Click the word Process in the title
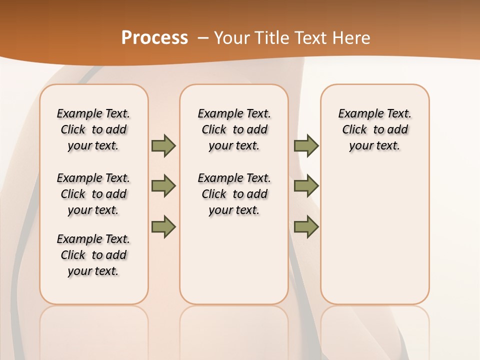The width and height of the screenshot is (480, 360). (x=154, y=37)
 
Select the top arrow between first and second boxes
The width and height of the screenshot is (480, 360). (x=163, y=146)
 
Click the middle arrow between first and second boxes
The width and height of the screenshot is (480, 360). (x=163, y=186)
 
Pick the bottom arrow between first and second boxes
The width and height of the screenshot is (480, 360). (x=163, y=227)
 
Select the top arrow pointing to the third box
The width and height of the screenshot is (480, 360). (x=306, y=146)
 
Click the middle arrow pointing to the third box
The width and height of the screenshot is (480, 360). (x=306, y=186)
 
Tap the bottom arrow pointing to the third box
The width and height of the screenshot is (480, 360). (x=306, y=227)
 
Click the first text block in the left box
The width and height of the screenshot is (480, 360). (x=93, y=129)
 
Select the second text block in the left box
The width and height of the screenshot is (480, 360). (x=93, y=194)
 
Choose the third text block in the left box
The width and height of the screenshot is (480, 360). (x=93, y=255)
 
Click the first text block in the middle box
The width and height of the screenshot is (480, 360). (x=234, y=129)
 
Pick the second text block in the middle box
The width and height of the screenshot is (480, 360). (x=234, y=194)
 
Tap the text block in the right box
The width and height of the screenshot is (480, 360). (x=375, y=129)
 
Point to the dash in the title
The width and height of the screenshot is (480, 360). (x=203, y=38)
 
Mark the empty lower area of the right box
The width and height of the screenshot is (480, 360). (x=375, y=235)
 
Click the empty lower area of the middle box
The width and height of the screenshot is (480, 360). (x=234, y=260)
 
